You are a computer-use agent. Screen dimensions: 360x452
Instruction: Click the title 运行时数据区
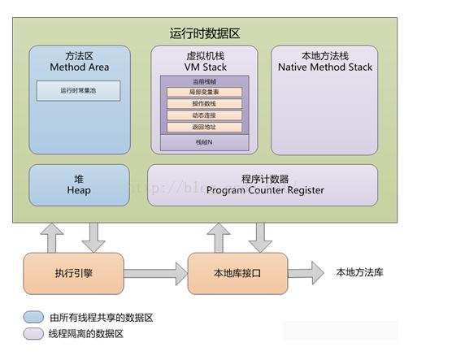pos(204,33)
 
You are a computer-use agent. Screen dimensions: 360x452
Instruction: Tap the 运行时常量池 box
pos(78,91)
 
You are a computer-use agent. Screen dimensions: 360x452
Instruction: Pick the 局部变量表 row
pos(204,93)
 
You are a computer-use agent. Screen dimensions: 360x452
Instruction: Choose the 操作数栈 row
pos(204,104)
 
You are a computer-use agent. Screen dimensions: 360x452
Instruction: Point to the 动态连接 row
pos(204,115)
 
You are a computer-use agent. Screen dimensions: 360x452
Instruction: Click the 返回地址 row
pos(204,127)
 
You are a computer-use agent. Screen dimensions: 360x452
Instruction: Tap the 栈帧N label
pos(204,142)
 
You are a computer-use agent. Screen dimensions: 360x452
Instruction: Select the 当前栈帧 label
pos(204,81)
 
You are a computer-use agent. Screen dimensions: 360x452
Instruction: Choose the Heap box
pos(78,184)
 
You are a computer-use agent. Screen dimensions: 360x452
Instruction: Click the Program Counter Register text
pos(264,190)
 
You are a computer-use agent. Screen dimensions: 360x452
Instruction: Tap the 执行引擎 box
pos(73,272)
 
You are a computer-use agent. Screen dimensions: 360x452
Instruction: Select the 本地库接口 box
pos(238,272)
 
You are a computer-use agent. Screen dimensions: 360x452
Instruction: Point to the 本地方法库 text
pos(359,272)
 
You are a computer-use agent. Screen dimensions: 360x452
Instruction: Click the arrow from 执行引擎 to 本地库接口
pos(154,272)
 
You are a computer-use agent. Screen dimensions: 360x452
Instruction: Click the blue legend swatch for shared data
pos(34,317)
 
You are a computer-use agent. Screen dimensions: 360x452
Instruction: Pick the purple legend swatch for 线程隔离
pos(34,333)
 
